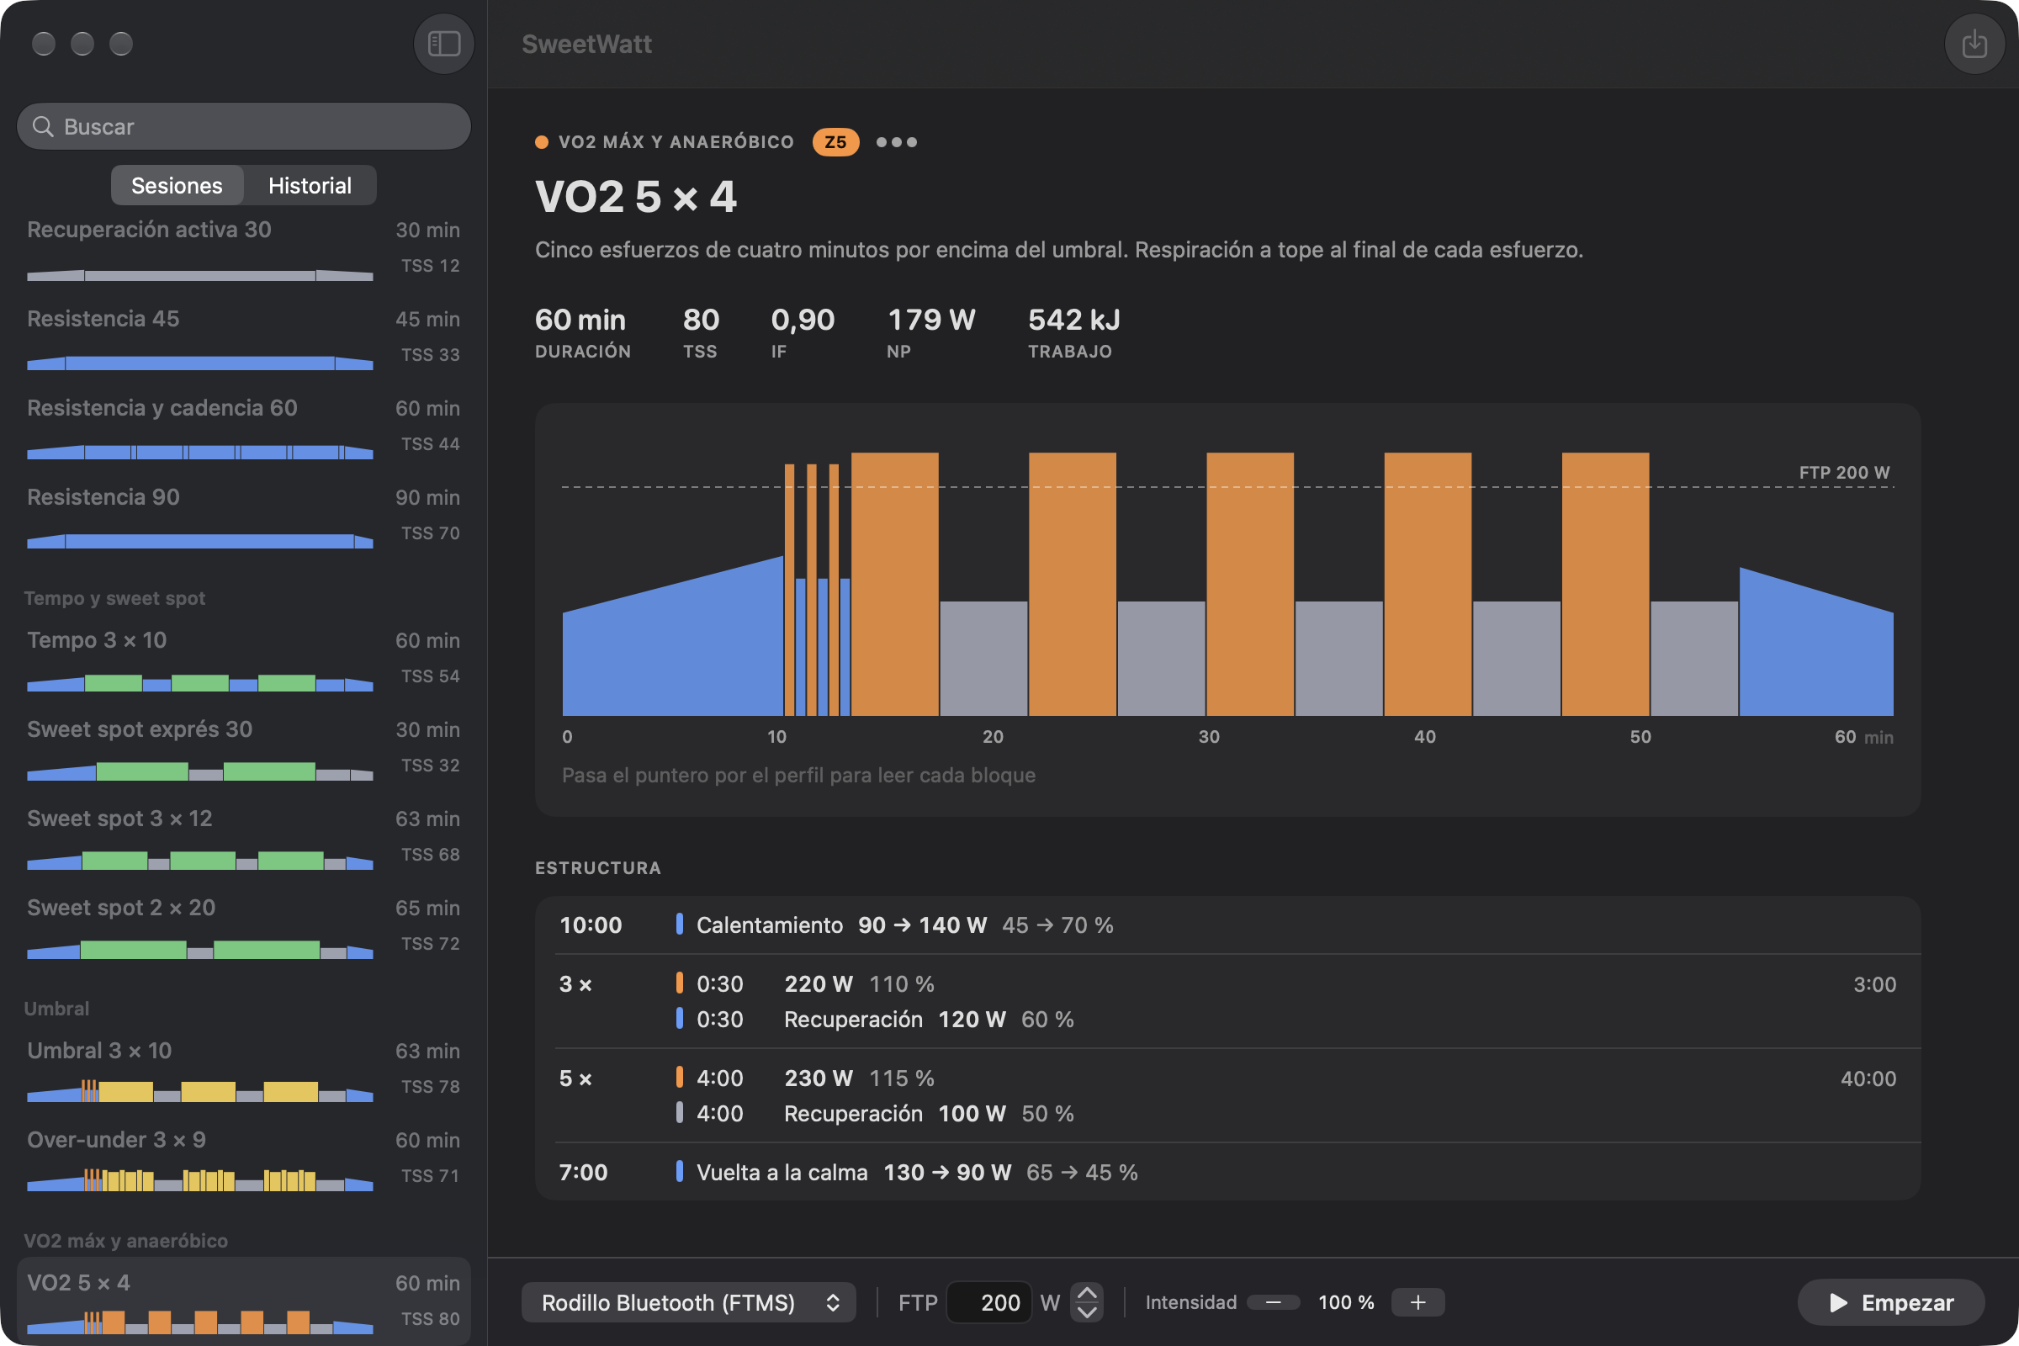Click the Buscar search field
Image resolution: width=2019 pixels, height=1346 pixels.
244,126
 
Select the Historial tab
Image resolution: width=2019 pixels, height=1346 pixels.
310,185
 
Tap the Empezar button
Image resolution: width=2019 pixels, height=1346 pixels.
1891,1302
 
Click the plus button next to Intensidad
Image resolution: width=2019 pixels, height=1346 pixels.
1418,1302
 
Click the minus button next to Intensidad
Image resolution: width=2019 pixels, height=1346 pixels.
1273,1302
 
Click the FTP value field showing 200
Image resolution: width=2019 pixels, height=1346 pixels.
989,1302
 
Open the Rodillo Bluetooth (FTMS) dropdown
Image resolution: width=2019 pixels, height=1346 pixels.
688,1302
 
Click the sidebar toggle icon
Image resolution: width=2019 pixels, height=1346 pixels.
444,43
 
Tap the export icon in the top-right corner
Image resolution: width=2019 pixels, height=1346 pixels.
1974,43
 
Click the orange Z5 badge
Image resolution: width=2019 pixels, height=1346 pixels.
835,141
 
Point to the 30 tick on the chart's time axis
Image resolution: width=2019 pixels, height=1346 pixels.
1209,737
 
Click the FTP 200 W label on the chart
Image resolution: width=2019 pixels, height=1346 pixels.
1844,472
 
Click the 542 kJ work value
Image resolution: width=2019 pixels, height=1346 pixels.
1074,320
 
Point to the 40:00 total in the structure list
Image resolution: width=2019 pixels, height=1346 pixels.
1868,1078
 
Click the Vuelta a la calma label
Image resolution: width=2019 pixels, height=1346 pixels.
782,1172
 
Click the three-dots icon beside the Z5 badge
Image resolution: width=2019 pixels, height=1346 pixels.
896,141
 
